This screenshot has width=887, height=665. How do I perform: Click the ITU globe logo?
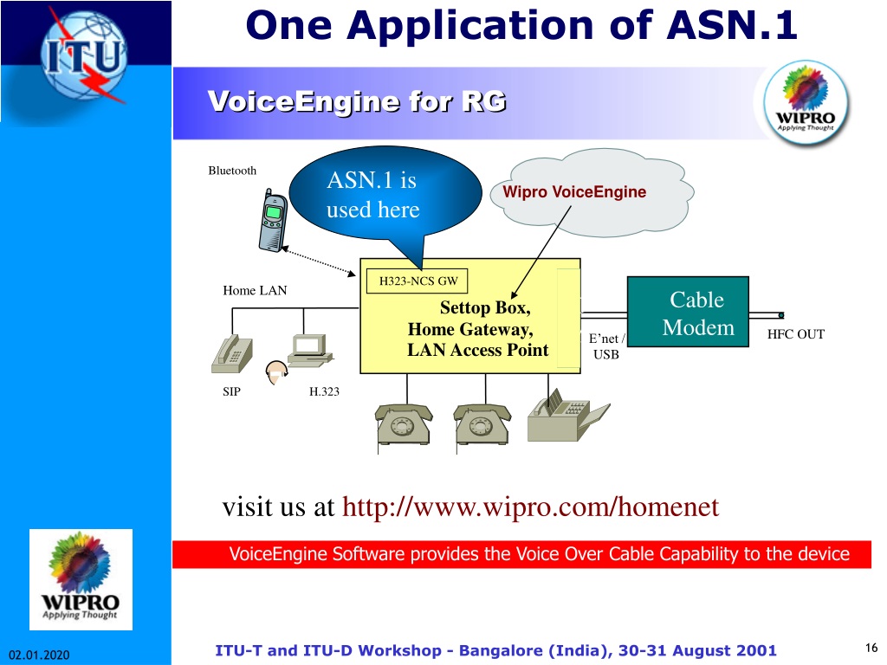pyautogui.click(x=85, y=55)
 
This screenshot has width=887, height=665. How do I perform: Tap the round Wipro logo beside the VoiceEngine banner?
pyautogui.click(x=806, y=102)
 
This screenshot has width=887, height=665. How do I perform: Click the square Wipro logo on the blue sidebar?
pyautogui.click(x=81, y=579)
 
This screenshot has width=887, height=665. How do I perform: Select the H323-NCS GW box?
pyautogui.click(x=418, y=281)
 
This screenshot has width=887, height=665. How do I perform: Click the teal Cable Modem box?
pyautogui.click(x=688, y=312)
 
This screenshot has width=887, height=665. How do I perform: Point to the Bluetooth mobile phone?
pyautogui.click(x=273, y=221)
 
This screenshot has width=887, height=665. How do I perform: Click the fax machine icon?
pyautogui.click(x=567, y=415)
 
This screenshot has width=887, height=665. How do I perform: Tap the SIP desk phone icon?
pyautogui.click(x=232, y=354)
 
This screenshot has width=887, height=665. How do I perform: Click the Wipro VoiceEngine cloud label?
pyautogui.click(x=575, y=191)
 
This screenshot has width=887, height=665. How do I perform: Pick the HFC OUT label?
pyautogui.click(x=795, y=334)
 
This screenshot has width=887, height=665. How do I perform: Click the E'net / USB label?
pyautogui.click(x=606, y=346)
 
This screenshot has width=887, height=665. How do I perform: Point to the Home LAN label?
pyautogui.click(x=255, y=291)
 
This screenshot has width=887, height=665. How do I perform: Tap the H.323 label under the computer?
pyautogui.click(x=324, y=391)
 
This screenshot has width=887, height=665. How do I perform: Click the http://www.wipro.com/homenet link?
pyautogui.click(x=531, y=507)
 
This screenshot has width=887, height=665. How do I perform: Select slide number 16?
pyautogui.click(x=871, y=648)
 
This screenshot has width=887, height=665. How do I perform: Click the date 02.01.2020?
pyautogui.click(x=39, y=655)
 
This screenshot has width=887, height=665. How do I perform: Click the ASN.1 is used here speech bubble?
pyautogui.click(x=385, y=195)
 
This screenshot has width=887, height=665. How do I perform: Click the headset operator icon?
pyautogui.click(x=276, y=372)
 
